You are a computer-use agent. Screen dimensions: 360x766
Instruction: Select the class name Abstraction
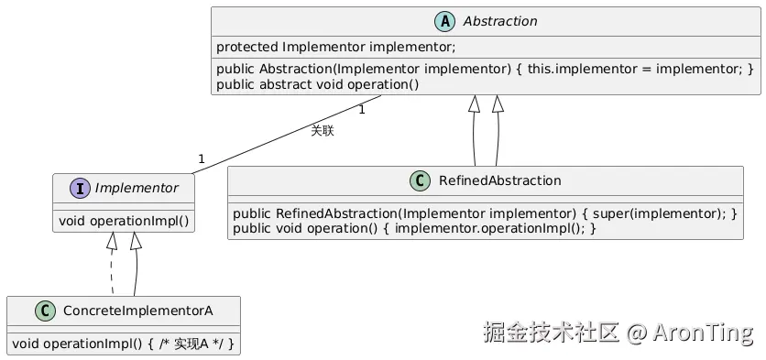pos(500,21)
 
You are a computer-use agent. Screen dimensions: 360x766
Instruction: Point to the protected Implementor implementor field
pos(335,47)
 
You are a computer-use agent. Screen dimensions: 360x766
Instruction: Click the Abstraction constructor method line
pos(485,69)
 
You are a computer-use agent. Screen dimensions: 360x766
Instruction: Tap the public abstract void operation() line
pos(317,85)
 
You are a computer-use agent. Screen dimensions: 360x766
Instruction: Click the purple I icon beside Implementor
pos(80,188)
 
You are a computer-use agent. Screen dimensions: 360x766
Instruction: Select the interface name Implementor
pos(136,188)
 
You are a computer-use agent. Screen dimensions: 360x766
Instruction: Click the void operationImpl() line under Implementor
pos(124,220)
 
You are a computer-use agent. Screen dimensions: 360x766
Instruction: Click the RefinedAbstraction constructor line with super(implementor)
pos(485,212)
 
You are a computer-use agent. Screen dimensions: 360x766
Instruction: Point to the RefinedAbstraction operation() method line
pos(414,227)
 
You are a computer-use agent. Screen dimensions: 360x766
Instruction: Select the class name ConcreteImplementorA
pos(138,311)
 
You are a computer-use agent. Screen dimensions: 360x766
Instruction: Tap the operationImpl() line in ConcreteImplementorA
pos(123,344)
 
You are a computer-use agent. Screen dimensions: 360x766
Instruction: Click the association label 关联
pos(322,131)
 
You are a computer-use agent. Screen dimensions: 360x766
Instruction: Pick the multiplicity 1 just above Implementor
pos(201,158)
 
